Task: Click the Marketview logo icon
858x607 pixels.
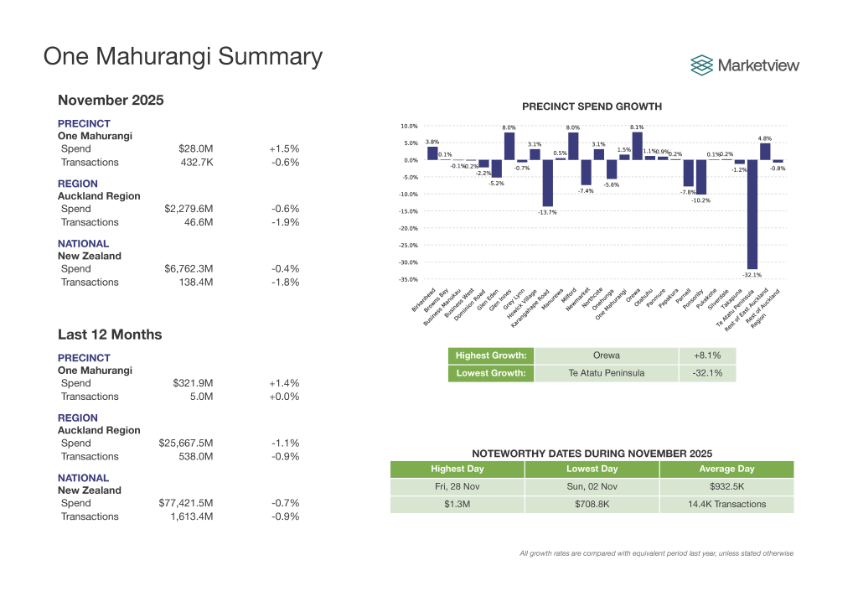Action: tap(702, 65)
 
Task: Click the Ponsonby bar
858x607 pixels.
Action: tap(700, 177)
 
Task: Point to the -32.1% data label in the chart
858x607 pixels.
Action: tap(752, 274)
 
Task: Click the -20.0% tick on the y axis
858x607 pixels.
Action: tap(408, 228)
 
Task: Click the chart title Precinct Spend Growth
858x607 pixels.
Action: tap(592, 106)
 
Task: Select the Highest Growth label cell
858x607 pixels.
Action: tap(492, 355)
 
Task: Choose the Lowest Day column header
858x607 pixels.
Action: tap(592, 469)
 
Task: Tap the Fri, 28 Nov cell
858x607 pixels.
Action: tap(457, 486)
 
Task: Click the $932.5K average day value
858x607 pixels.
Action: tap(726, 486)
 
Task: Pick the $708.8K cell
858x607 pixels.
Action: tap(592, 505)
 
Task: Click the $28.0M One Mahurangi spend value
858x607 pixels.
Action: tap(196, 148)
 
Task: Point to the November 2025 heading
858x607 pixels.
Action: tap(111, 101)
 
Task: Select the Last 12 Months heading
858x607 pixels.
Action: tap(110, 335)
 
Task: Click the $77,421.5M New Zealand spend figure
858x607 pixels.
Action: tap(186, 503)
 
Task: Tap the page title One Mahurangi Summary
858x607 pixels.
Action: tap(183, 56)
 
